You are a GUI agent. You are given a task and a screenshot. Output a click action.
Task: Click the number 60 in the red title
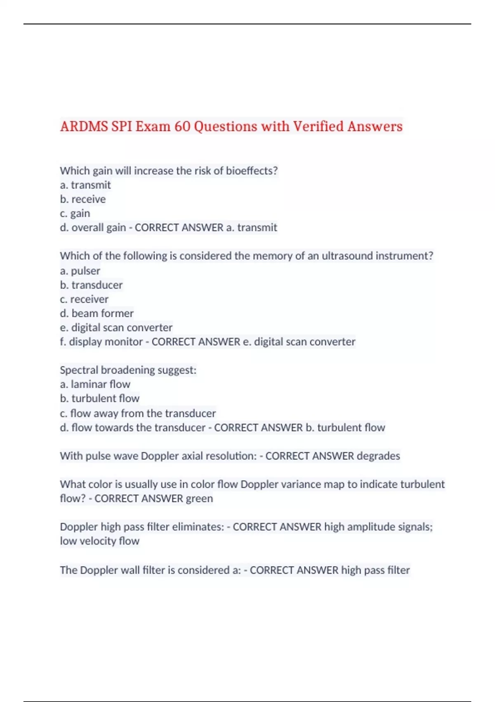click(182, 126)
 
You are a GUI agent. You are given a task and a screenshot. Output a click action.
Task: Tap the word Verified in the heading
click(318, 126)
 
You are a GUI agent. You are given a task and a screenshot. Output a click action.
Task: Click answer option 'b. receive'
click(83, 199)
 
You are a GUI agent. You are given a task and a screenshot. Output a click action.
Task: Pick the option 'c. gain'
click(75, 213)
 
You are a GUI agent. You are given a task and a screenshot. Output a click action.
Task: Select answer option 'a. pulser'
click(80, 271)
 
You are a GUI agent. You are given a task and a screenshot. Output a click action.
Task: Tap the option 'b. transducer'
click(91, 285)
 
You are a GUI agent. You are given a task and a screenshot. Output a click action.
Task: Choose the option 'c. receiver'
click(84, 299)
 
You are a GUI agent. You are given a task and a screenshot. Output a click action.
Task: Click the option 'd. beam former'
click(97, 313)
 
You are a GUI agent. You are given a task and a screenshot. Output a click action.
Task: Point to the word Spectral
click(79, 370)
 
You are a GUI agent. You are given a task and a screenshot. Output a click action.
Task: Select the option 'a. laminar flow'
click(95, 384)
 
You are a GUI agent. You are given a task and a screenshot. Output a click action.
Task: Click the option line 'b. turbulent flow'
click(99, 398)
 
